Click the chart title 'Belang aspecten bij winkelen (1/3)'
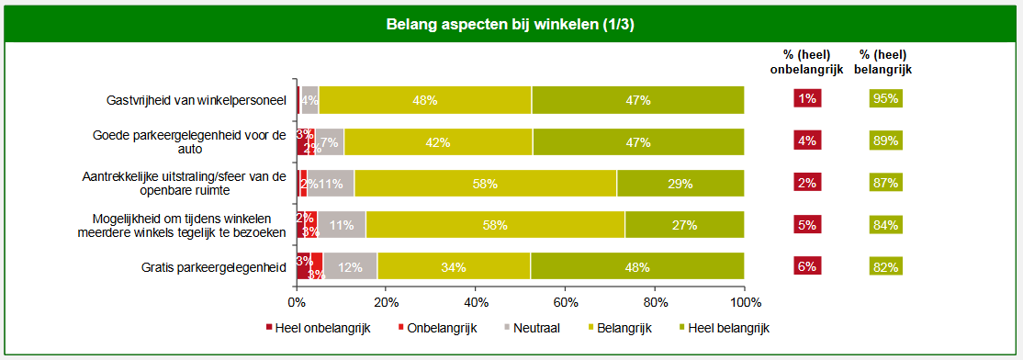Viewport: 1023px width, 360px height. pyautogui.click(x=511, y=24)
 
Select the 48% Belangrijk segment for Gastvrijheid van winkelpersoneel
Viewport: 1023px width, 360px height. pyautogui.click(x=425, y=100)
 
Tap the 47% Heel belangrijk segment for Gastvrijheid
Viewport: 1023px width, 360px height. pyautogui.click(x=638, y=100)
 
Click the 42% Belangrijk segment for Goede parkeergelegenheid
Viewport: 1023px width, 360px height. pyautogui.click(x=438, y=142)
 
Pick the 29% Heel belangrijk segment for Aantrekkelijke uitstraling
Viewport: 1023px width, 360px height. pyautogui.click(x=680, y=184)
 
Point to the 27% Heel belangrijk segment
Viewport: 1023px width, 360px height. pyautogui.click(x=684, y=225)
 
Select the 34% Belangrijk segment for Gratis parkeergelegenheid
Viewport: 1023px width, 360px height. pyautogui.click(x=454, y=267)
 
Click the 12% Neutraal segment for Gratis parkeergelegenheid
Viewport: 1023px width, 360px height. pyautogui.click(x=350, y=267)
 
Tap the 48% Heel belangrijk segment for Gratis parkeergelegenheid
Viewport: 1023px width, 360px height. pyautogui.click(x=637, y=267)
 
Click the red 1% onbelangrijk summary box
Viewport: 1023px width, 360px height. pyautogui.click(x=807, y=99)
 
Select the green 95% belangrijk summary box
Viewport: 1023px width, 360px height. pyautogui.click(x=885, y=99)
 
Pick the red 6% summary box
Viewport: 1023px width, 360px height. pyautogui.click(x=807, y=266)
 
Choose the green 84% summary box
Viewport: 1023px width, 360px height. pyautogui.click(x=885, y=225)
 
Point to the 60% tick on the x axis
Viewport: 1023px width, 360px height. pyautogui.click(x=566, y=302)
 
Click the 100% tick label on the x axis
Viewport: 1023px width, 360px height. pyautogui.click(x=744, y=302)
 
